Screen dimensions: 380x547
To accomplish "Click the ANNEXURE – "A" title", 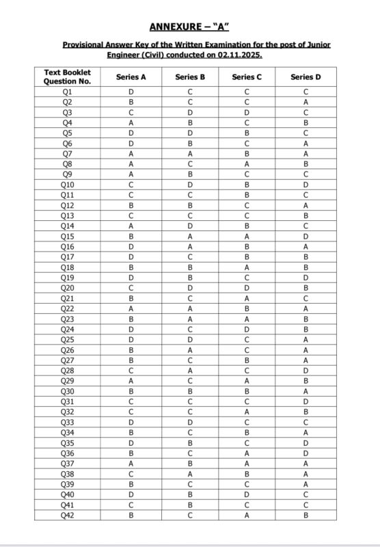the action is click(190, 27).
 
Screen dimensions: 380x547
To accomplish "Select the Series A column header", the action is click(131, 77).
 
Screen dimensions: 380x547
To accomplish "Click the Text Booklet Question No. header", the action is click(67, 77).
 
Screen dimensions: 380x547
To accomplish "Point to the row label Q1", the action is click(67, 91).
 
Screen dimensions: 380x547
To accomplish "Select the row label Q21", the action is click(67, 298).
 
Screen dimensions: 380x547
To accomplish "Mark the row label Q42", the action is click(67, 516).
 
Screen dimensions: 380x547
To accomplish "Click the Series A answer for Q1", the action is click(131, 91).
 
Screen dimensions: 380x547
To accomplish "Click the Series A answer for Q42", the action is click(131, 516).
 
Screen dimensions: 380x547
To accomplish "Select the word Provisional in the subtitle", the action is click(87, 44).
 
